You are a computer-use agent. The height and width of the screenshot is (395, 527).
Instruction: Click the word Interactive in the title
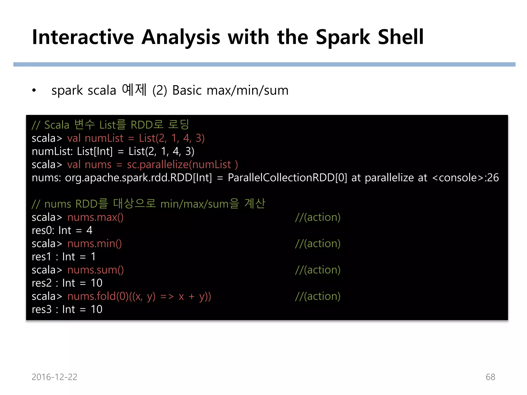83,37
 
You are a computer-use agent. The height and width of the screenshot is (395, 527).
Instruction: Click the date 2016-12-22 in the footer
54,377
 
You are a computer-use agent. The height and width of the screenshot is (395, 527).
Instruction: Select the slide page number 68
490,377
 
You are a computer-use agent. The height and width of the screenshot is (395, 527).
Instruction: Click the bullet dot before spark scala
34,91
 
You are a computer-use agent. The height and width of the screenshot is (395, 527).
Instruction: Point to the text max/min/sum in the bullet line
247,91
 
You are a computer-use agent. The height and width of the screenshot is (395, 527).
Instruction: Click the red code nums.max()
95,217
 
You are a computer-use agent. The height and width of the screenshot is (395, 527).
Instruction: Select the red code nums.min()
94,244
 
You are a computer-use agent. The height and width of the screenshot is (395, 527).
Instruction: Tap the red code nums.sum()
95,270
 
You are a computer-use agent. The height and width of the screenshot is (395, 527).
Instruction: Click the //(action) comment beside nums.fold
318,296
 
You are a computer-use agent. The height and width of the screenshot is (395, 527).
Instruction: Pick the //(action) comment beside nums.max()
318,217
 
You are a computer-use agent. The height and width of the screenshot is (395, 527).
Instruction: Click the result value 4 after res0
89,230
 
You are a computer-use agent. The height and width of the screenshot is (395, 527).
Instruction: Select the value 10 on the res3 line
96,309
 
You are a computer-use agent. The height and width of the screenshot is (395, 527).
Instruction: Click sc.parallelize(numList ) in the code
182,165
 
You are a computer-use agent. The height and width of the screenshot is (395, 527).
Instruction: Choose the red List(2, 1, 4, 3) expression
172,138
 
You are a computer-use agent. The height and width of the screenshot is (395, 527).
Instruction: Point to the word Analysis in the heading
181,37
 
